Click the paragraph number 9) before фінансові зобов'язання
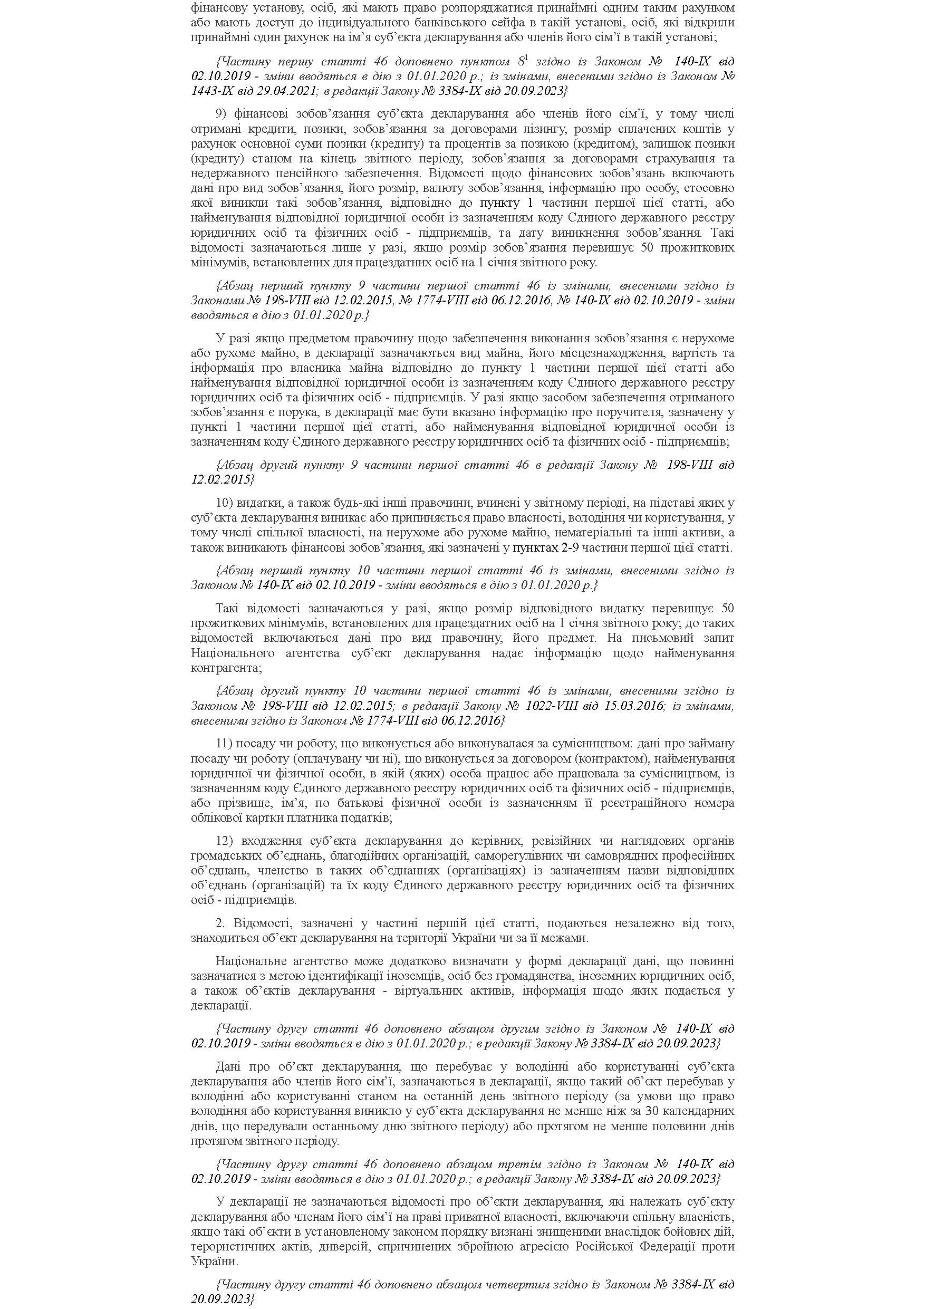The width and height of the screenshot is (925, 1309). [x=222, y=113]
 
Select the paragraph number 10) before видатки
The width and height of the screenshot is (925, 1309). [x=224, y=503]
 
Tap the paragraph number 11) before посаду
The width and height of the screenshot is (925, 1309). [x=224, y=744]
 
